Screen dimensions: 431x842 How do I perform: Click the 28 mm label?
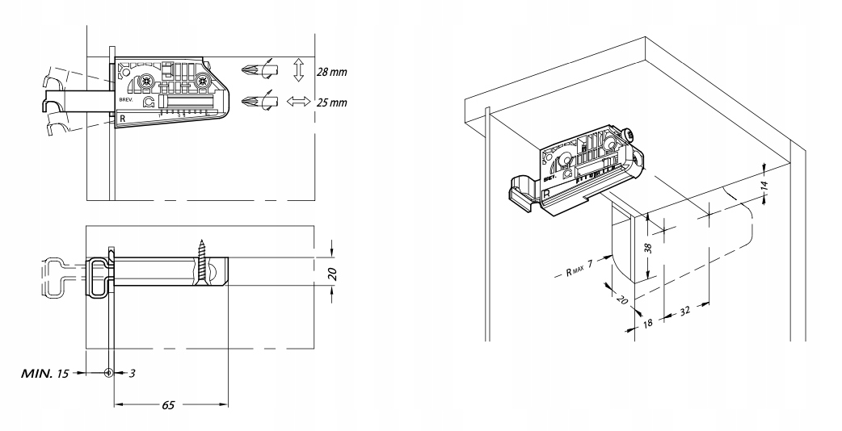pos(330,72)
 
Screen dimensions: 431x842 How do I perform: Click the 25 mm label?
pos(330,103)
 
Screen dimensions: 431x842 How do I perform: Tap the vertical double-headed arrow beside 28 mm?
pos(298,70)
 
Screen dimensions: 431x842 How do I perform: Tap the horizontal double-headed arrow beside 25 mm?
pos(298,103)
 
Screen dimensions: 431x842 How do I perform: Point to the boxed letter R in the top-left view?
pos(124,119)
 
